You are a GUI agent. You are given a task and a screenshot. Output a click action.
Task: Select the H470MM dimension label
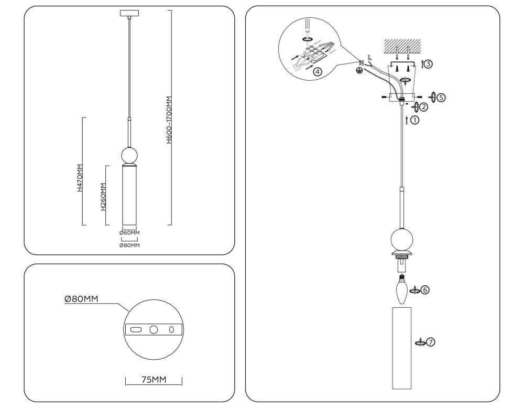[x=80, y=178]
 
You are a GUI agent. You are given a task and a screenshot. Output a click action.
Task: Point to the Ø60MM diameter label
[x=129, y=232]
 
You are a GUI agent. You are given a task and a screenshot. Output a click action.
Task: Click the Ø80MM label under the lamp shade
[x=129, y=245]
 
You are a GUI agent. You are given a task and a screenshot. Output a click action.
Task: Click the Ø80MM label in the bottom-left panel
[x=82, y=299]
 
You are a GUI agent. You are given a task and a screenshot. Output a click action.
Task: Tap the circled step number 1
[x=415, y=120]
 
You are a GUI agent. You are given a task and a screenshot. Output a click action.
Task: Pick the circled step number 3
[x=428, y=65]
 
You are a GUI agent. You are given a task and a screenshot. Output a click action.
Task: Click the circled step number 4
[x=318, y=72]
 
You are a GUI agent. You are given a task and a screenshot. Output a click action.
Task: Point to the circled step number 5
[x=441, y=97]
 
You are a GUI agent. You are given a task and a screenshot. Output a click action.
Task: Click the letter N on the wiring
[x=361, y=62]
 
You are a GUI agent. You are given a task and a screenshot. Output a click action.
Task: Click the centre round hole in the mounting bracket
[x=154, y=330]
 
